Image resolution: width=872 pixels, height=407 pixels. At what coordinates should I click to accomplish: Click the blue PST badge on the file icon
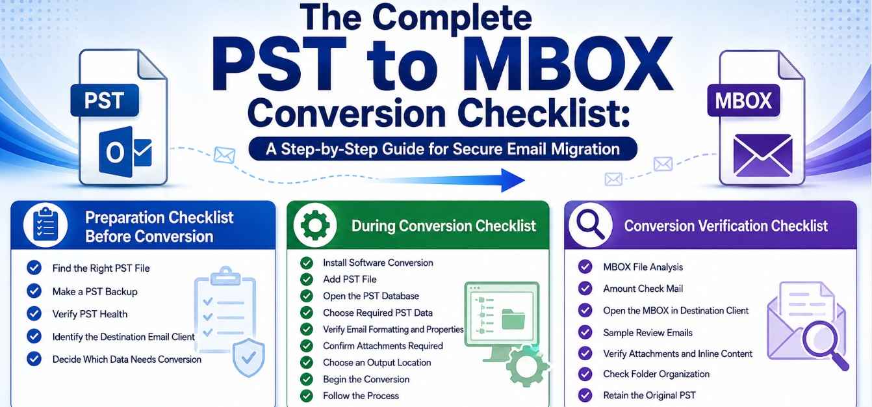click(x=105, y=100)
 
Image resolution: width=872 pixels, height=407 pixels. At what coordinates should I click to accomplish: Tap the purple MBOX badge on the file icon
click(x=743, y=101)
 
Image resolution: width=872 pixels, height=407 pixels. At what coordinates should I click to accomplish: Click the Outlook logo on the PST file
click(x=125, y=152)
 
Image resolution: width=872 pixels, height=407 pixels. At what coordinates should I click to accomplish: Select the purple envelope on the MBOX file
click(x=763, y=155)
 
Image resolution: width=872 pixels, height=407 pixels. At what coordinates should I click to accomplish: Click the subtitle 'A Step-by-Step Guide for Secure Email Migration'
click(x=442, y=149)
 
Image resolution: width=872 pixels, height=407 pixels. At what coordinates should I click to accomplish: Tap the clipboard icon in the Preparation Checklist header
click(x=45, y=224)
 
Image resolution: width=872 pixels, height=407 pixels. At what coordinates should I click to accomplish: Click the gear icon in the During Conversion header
click(x=315, y=225)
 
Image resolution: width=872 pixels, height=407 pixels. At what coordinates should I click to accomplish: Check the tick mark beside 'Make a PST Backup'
click(x=34, y=291)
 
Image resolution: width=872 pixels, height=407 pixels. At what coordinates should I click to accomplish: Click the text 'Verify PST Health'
click(x=90, y=314)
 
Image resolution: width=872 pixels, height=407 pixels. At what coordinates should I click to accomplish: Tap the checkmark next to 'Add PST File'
click(x=307, y=280)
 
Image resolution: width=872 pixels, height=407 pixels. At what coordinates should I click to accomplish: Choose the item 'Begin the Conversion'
click(x=366, y=379)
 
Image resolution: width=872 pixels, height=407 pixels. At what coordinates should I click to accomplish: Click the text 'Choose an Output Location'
click(x=377, y=362)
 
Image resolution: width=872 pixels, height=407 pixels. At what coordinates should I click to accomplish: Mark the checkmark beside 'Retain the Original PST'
click(x=585, y=395)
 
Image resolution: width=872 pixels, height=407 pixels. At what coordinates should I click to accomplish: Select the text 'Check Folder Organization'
click(x=656, y=374)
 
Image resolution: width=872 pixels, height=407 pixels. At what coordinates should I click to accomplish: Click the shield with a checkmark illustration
click(x=248, y=357)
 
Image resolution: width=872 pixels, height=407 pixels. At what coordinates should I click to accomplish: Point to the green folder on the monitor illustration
click(x=513, y=319)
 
